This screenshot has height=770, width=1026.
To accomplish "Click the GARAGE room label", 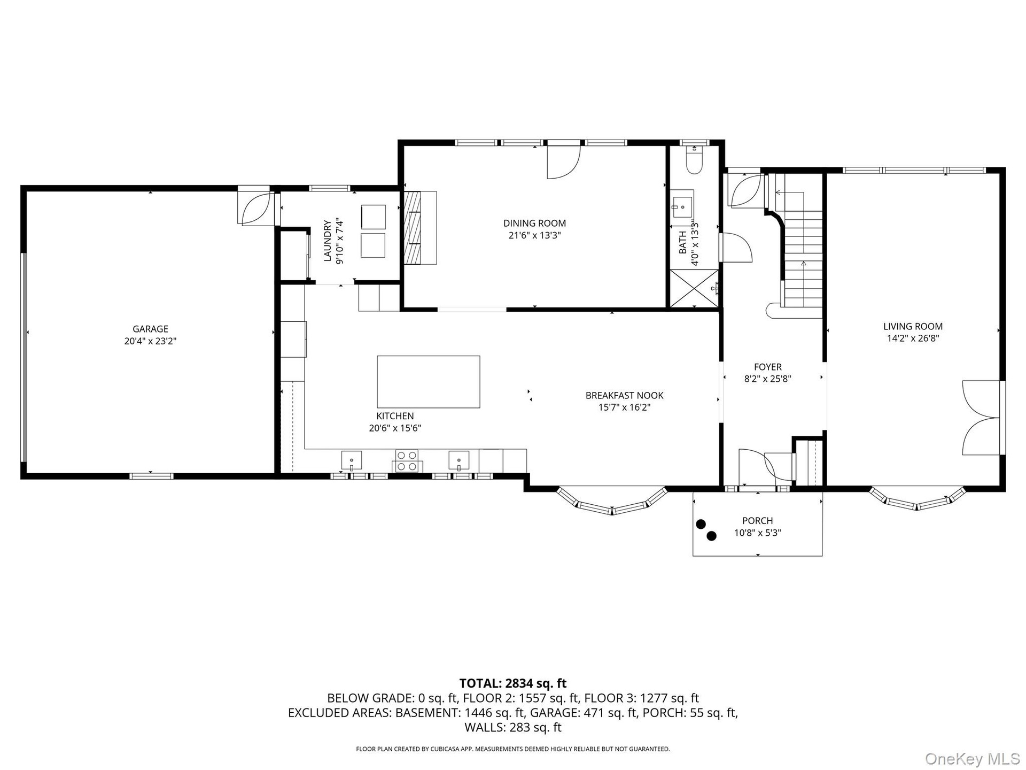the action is (150, 329).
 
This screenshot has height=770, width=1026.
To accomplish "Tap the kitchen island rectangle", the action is (429, 382).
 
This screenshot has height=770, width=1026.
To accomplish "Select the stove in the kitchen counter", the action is (407, 461).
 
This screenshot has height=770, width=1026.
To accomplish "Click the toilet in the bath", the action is (694, 161).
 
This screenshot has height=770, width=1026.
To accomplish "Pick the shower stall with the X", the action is (695, 289).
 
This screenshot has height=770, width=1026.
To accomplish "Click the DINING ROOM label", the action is (534, 223).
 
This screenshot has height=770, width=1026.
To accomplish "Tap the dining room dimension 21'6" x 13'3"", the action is (534, 235).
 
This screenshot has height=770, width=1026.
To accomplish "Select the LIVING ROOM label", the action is (913, 326).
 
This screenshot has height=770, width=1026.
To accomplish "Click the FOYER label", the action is (768, 367).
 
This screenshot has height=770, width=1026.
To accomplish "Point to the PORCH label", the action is (758, 520).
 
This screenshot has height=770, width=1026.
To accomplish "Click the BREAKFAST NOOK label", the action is (625, 395).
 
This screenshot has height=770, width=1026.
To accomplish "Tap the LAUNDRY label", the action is (327, 241).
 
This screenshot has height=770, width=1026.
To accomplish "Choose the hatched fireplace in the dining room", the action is (412, 228).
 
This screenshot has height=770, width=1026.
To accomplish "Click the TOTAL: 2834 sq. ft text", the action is (513, 683).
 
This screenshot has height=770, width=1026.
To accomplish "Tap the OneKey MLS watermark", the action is (973, 758).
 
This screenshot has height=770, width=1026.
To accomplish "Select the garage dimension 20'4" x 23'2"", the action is (150, 341).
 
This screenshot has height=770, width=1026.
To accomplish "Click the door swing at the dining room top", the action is (563, 161).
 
